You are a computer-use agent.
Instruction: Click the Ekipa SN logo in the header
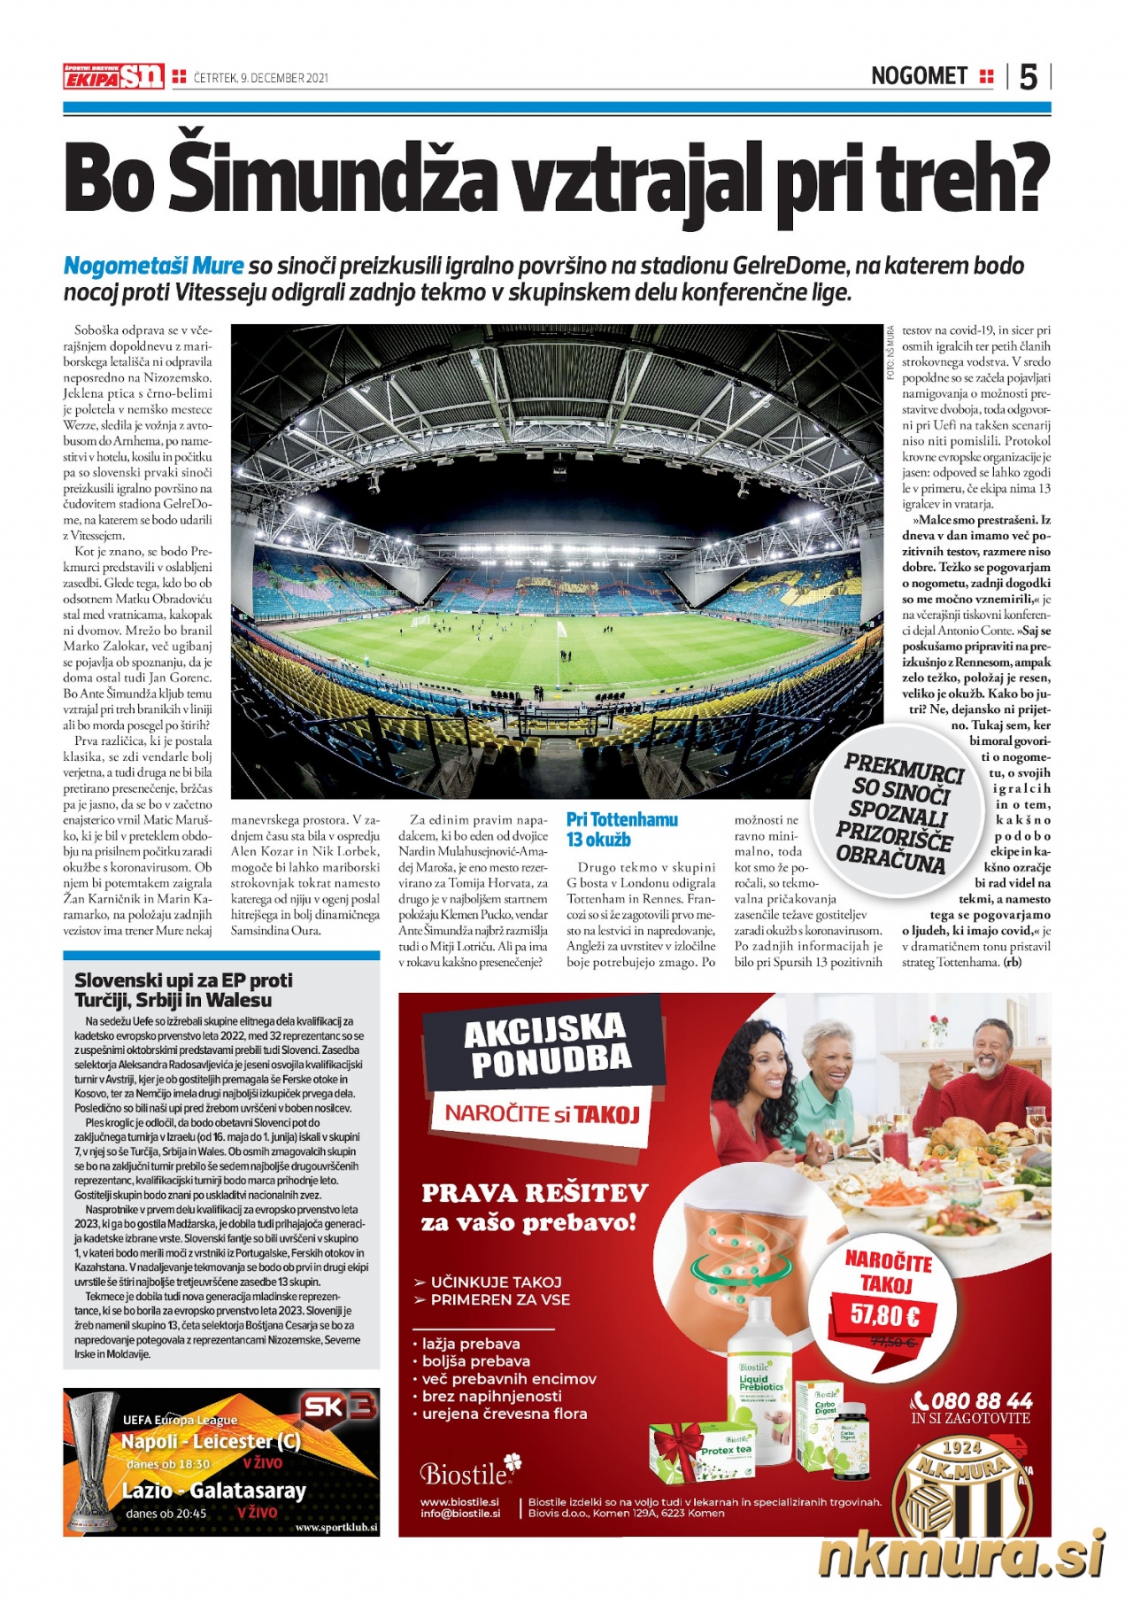point(113,76)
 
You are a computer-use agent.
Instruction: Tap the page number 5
point(1028,77)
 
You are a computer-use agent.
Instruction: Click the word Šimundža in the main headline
point(328,178)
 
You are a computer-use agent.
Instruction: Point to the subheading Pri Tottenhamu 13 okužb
point(621,829)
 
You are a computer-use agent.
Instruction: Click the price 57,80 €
point(884,1313)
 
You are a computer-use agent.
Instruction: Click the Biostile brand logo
point(469,1472)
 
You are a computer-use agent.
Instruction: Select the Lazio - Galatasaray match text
point(214,1491)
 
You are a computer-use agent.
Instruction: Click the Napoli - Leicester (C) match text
point(211,1441)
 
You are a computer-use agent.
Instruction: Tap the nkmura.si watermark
point(961,1557)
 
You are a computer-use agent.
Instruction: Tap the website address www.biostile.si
point(459,1502)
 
